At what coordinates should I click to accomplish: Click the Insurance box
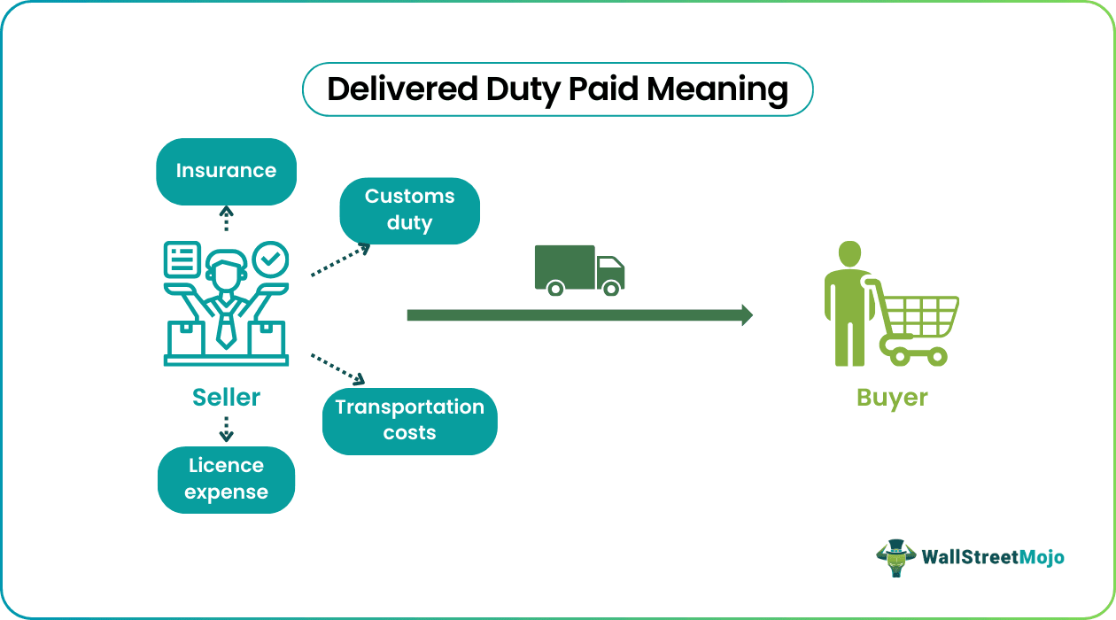[226, 171]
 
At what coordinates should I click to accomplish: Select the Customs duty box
[409, 210]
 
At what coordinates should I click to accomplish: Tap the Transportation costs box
[409, 421]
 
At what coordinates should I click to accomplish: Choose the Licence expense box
[226, 479]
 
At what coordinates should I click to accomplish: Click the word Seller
[227, 398]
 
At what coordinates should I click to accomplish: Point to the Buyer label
[892, 398]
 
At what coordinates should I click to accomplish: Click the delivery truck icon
[579, 269]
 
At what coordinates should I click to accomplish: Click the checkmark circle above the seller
[270, 260]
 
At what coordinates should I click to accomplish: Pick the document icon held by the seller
[182, 260]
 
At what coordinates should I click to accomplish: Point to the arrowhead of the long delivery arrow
[746, 314]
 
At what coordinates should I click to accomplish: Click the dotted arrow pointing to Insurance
[226, 219]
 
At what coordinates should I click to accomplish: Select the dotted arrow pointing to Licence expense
[226, 429]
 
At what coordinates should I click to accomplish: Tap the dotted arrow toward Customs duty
[340, 262]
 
